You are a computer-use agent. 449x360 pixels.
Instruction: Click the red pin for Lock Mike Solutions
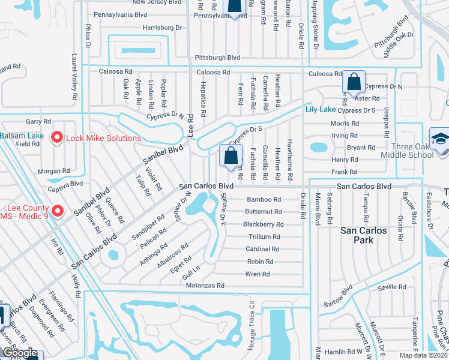click(x=57, y=138)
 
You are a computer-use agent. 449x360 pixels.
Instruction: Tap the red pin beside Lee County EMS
click(x=57, y=211)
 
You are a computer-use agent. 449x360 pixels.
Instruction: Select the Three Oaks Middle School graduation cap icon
click(x=439, y=139)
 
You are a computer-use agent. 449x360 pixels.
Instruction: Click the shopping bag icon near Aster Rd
click(x=354, y=82)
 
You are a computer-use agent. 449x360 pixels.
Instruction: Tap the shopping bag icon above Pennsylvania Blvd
click(x=234, y=5)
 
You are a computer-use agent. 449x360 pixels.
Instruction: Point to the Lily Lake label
click(x=321, y=109)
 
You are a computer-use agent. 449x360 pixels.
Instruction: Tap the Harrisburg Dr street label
click(x=162, y=28)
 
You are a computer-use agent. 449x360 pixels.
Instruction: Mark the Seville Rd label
click(x=393, y=287)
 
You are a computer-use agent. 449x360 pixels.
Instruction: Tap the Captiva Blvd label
click(x=68, y=184)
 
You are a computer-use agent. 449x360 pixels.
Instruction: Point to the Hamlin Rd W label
click(x=351, y=352)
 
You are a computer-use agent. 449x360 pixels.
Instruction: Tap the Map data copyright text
click(x=423, y=355)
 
